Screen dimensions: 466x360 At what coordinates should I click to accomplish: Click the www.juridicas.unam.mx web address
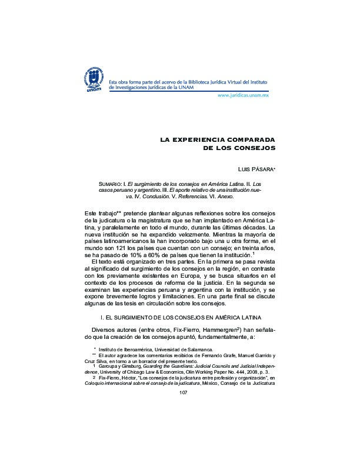[243, 94]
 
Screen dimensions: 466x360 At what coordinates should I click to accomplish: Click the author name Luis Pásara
[251, 169]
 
